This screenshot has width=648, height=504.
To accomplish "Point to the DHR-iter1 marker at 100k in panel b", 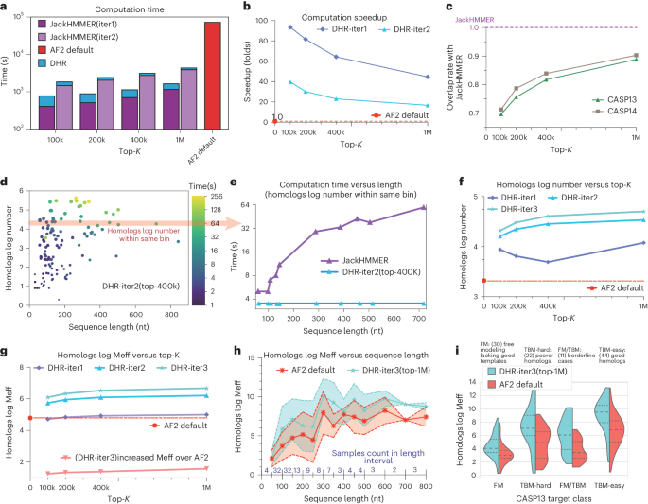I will tap(289, 26).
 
